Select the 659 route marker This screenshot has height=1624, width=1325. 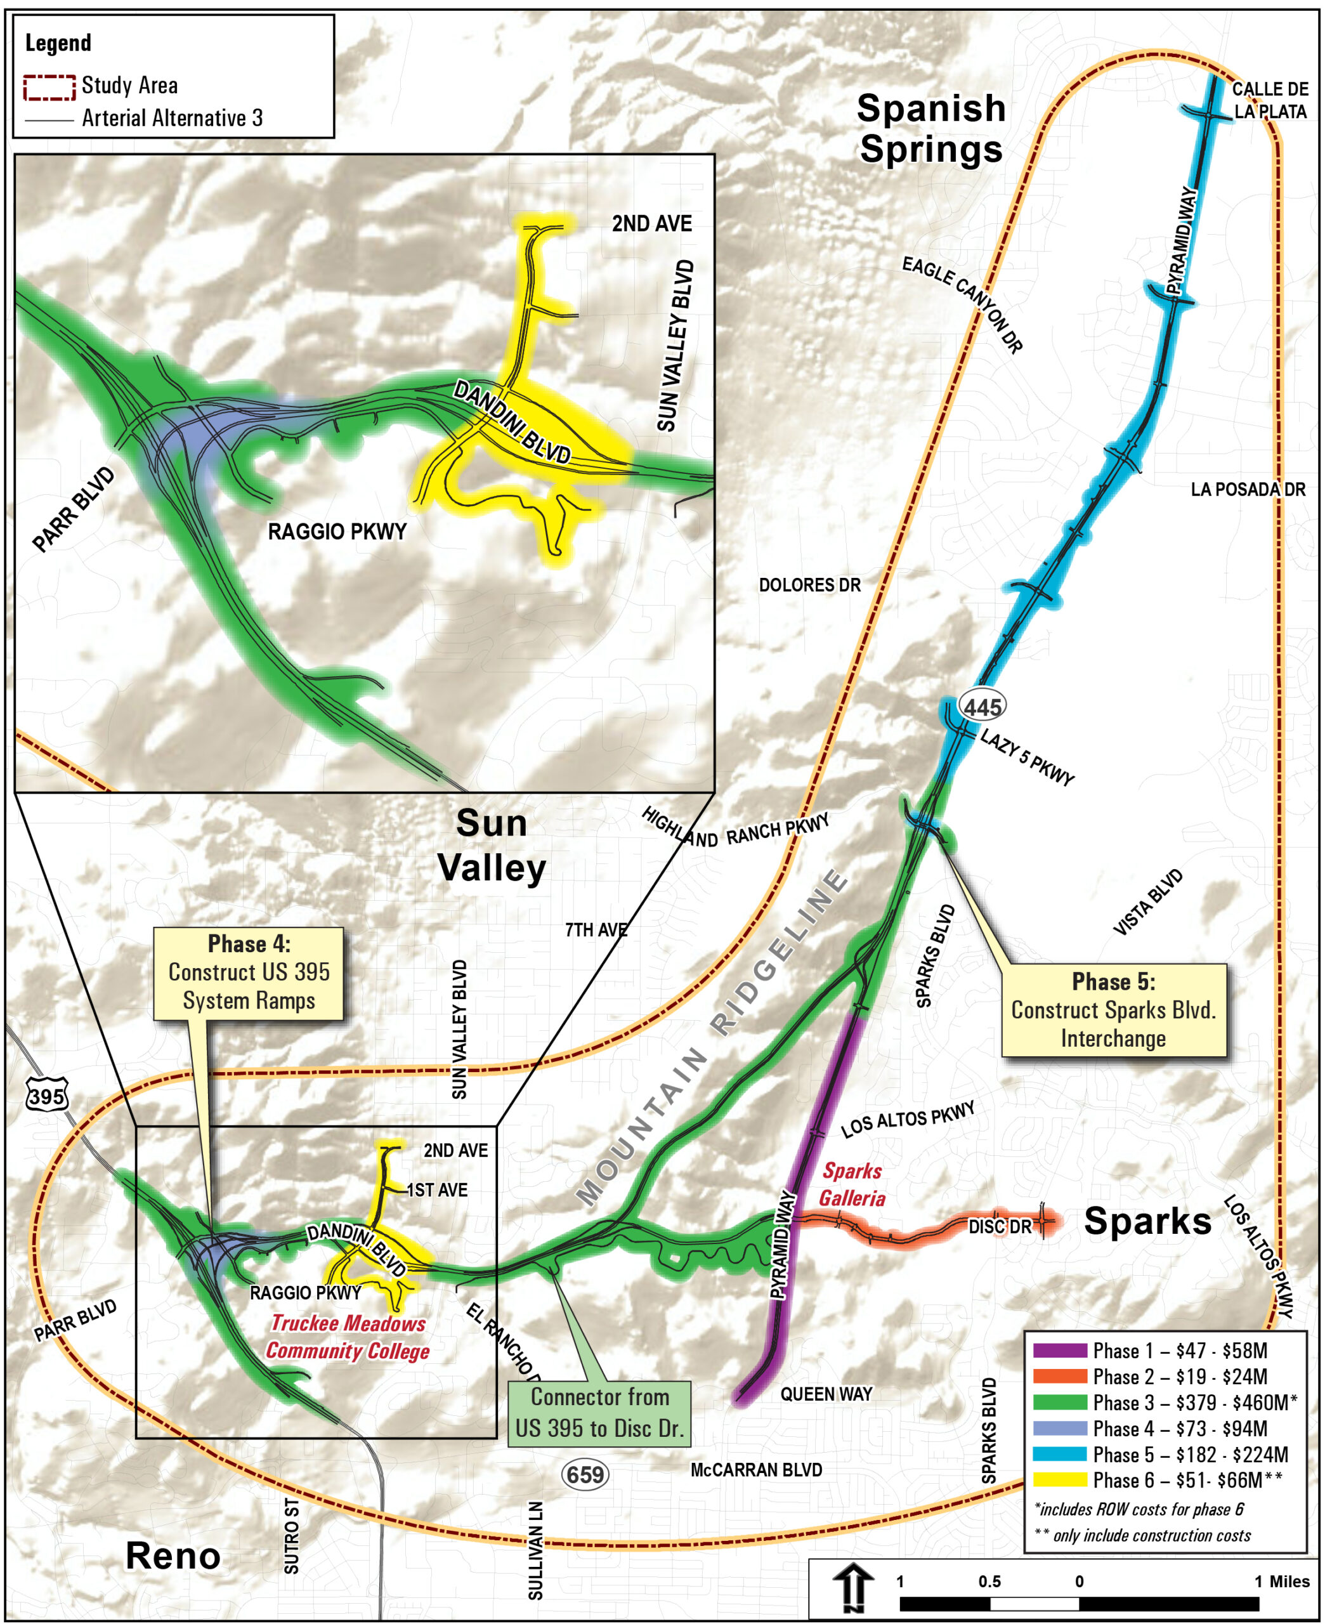[x=585, y=1474]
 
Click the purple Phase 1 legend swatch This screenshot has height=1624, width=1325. [x=1060, y=1350]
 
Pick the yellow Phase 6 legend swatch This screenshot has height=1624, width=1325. [x=1060, y=1479]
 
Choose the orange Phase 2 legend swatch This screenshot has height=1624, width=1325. [x=1060, y=1376]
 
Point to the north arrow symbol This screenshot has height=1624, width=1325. [x=855, y=1587]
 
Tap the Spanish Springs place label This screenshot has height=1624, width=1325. [x=931, y=128]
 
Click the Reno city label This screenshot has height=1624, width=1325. [x=173, y=1555]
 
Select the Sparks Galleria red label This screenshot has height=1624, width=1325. [x=852, y=1184]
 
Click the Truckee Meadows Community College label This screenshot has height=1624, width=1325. [x=348, y=1336]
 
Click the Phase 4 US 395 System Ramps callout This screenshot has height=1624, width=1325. [x=249, y=972]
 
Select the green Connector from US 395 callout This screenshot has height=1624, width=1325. [x=600, y=1413]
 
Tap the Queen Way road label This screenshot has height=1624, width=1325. [x=826, y=1394]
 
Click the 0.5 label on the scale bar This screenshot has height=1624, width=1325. [x=990, y=1581]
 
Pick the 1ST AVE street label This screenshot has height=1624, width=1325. [x=438, y=1189]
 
